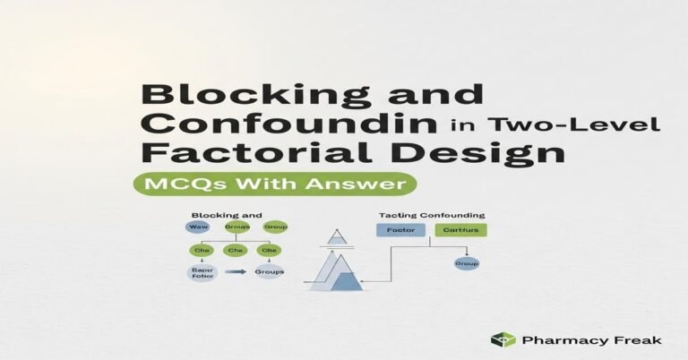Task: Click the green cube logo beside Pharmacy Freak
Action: pos(503,339)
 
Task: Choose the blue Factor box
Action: pos(399,230)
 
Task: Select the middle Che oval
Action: pos(236,251)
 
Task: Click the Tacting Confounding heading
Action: pos(432,215)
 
